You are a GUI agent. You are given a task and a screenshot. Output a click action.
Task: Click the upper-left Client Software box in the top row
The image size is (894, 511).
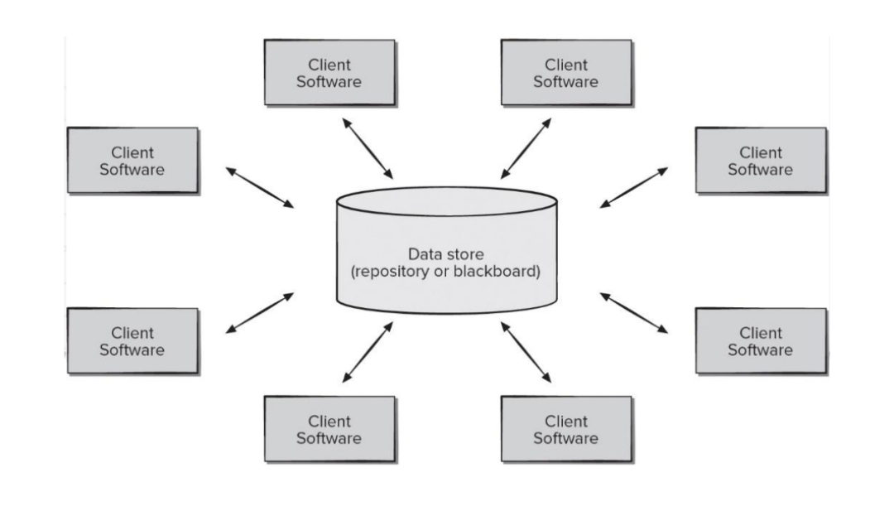(329, 73)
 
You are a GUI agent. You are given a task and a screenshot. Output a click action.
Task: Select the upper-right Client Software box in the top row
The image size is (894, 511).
(566, 73)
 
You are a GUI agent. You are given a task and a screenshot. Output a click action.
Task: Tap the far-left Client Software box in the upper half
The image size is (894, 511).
(132, 161)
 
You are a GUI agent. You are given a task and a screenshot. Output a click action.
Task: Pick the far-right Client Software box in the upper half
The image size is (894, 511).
(761, 161)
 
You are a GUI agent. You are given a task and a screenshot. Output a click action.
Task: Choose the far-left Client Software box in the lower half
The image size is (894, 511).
(132, 341)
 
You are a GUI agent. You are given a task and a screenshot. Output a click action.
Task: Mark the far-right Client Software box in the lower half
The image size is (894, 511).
(761, 341)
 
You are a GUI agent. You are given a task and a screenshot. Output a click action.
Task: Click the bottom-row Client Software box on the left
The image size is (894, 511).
(329, 429)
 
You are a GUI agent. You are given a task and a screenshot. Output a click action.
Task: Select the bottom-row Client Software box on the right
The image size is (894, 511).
(566, 429)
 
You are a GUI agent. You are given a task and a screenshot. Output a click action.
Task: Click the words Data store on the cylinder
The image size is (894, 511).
(446, 254)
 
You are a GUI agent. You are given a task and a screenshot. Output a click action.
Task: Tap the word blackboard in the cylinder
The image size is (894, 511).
(496, 272)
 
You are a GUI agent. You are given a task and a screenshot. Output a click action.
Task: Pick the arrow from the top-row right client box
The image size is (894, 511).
(526, 148)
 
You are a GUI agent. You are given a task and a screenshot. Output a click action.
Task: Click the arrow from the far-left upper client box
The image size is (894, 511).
(260, 187)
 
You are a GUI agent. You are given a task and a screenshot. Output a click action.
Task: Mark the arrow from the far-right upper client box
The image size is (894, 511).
(633, 187)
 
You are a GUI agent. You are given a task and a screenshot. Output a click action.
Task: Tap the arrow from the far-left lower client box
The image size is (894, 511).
(260, 313)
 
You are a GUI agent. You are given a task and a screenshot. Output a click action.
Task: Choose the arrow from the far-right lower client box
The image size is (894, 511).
(633, 313)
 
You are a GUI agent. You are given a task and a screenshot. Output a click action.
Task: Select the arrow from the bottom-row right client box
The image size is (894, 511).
(526, 353)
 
